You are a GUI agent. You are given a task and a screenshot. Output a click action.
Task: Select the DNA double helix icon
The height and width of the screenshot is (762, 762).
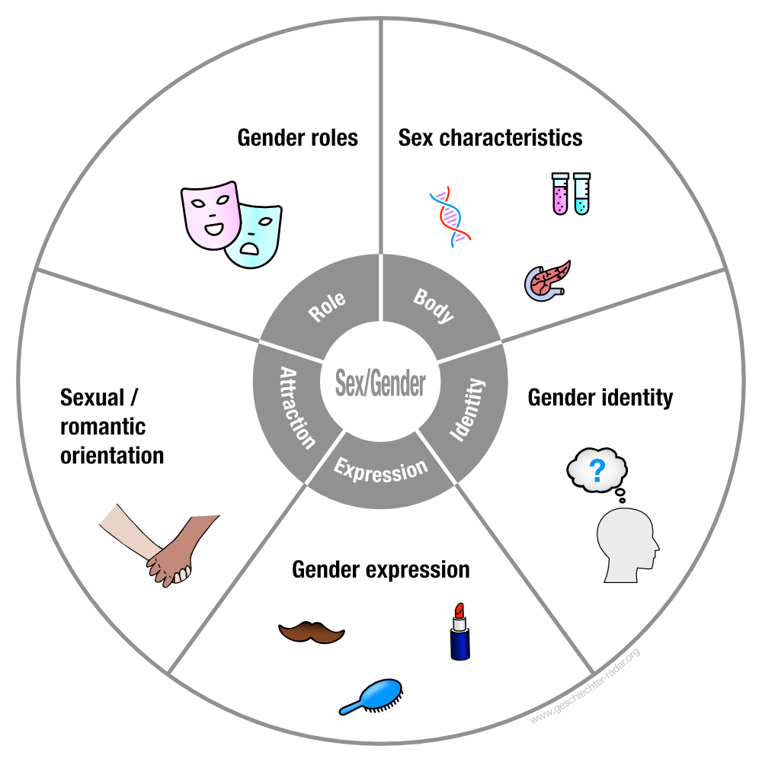[450, 216]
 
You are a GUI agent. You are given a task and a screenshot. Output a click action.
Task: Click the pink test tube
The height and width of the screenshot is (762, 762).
[560, 194]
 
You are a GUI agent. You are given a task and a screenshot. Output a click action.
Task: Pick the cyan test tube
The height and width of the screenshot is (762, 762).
[581, 194]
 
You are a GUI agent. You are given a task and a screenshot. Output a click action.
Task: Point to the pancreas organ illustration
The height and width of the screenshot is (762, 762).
[547, 281]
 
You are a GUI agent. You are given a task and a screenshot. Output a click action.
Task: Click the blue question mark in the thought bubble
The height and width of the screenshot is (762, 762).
[597, 470]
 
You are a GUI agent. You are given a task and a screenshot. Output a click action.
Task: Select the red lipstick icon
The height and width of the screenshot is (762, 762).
[459, 631]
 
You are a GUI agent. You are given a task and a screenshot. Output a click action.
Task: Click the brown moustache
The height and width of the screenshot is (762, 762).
[312, 632]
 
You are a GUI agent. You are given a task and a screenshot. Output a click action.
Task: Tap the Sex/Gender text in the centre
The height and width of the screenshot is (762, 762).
[380, 383]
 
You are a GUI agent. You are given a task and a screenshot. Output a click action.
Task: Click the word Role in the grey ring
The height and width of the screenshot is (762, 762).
[327, 306]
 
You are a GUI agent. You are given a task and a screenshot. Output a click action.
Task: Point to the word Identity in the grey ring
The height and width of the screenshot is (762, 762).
[467, 410]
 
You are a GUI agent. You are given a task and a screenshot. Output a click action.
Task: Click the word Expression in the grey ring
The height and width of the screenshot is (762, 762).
[380, 470]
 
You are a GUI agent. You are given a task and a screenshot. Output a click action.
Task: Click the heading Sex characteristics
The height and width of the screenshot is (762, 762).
[490, 138]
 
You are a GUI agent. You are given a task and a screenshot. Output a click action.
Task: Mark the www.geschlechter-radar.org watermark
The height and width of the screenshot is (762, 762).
[585, 686]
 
